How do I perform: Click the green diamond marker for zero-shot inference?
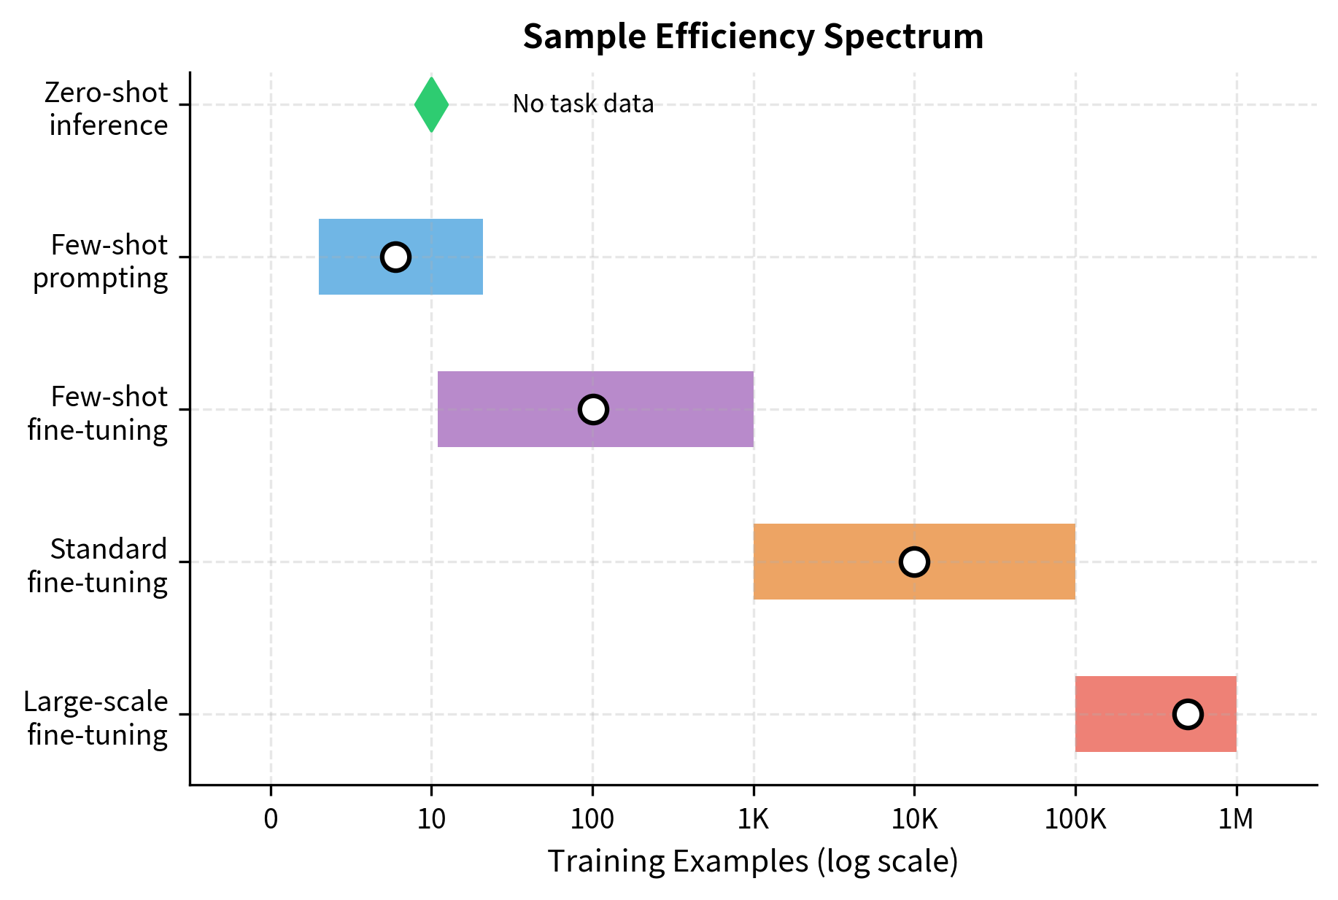[431, 105]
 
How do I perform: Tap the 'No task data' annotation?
[583, 104]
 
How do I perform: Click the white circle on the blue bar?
[395, 257]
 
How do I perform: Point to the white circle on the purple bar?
[593, 409]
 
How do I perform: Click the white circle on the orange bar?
[914, 562]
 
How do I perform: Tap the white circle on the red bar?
[1188, 714]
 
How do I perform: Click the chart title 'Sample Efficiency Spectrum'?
[753, 36]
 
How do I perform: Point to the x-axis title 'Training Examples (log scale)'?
[753, 861]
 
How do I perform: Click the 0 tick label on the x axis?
[271, 820]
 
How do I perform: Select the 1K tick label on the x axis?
[753, 820]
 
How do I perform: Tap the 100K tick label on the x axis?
[1075, 820]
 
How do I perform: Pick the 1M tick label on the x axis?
[1236, 820]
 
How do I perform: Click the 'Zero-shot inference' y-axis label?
[107, 109]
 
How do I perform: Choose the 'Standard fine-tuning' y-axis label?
[98, 566]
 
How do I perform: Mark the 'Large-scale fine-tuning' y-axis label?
[96, 718]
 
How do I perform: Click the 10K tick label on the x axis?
[914, 820]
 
